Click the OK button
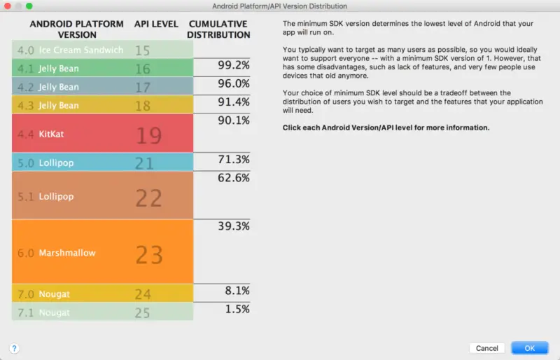529,348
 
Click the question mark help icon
14,348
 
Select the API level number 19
148,134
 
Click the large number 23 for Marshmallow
148,254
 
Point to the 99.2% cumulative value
234,65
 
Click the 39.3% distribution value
234,226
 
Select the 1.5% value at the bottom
237,309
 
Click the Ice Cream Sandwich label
80,50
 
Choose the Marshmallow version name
67,253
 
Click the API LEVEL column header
155,24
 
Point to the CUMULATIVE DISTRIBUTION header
219,29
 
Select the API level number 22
148,198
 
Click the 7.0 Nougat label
54,294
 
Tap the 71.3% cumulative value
234,160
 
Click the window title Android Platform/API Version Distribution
280,6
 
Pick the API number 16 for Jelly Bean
143,69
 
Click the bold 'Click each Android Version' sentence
386,128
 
